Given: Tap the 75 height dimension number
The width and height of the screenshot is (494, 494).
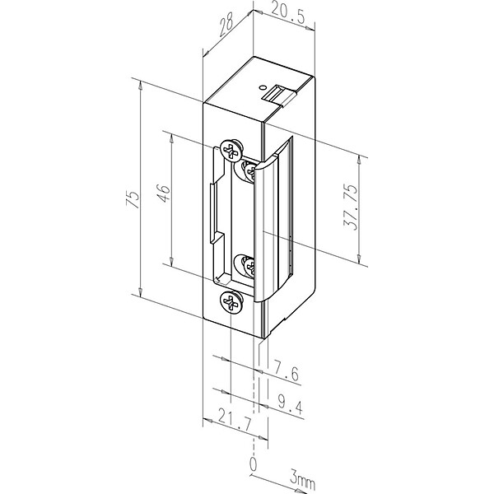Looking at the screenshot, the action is (133, 199).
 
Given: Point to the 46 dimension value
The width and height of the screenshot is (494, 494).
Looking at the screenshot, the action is (164, 193).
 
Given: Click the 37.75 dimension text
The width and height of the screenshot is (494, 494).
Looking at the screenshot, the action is (351, 207).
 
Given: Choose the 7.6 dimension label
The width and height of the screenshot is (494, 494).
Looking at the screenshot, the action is (286, 370).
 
